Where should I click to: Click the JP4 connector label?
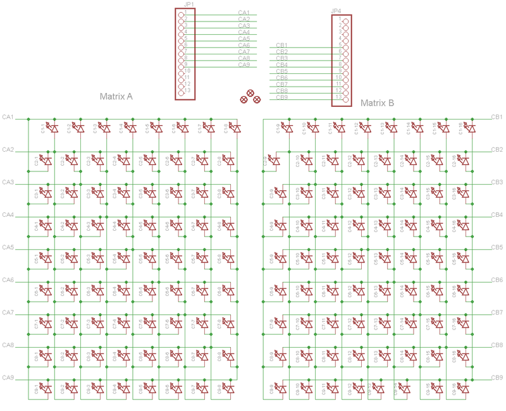(x=336, y=11)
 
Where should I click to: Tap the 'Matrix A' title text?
(x=116, y=97)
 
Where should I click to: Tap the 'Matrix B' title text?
(x=377, y=102)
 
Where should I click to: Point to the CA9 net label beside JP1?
(x=244, y=65)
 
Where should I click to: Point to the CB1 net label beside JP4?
(x=282, y=46)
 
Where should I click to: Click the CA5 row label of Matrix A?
(x=8, y=247)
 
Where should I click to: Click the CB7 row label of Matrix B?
(x=497, y=312)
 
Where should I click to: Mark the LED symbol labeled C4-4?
(x=126, y=226)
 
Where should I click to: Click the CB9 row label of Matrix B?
(x=497, y=377)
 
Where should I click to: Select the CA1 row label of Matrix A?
(x=8, y=117)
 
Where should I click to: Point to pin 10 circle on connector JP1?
(x=182, y=72)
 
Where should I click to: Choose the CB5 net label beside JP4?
(x=282, y=71)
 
